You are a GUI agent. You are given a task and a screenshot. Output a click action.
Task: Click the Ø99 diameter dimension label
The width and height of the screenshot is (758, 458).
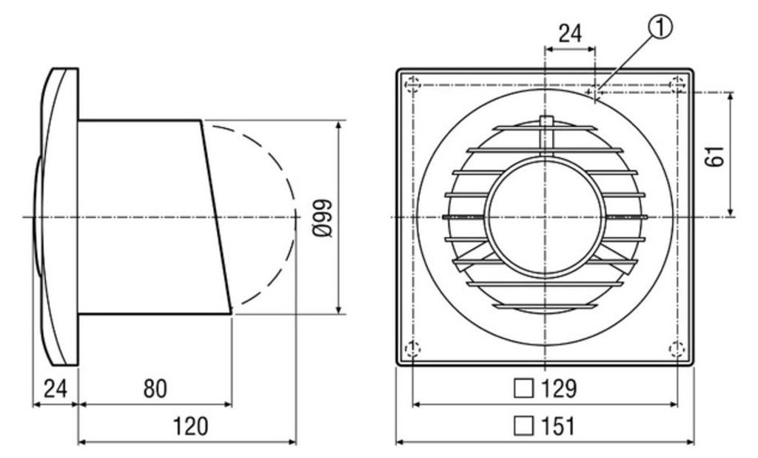coord(323,217)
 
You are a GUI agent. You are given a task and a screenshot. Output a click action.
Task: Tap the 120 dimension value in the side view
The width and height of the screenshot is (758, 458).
coord(191,426)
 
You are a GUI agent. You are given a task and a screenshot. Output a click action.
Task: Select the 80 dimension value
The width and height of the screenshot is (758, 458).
coord(155,388)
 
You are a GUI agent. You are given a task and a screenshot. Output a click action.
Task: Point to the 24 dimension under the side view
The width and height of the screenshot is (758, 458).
coord(55,388)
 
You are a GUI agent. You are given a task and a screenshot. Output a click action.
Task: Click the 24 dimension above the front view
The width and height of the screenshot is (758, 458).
coord(571,33)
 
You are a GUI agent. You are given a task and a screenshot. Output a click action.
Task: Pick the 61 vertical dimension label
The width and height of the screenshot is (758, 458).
coord(715,156)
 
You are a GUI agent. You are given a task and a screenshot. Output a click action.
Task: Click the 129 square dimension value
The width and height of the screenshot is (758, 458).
coord(559,388)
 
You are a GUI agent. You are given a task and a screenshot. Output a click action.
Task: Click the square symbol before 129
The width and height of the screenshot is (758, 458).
coord(523,389)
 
